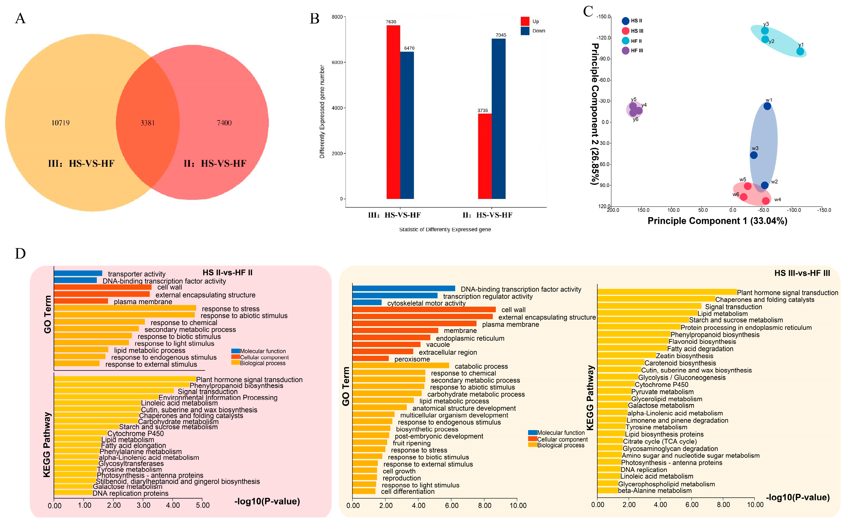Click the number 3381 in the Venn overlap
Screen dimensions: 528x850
coord(147,123)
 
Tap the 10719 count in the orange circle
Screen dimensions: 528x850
coord(60,123)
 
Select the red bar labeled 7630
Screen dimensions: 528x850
coord(393,112)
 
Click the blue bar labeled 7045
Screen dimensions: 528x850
coord(499,119)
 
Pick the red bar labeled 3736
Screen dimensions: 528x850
coord(484,156)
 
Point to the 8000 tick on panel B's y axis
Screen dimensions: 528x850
coord(337,17)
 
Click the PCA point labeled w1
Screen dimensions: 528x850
coord(767,106)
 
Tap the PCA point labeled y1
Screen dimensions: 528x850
coord(800,52)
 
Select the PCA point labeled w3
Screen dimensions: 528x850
coord(754,155)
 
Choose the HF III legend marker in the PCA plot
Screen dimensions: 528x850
coord(625,51)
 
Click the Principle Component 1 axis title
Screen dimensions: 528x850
coord(717,221)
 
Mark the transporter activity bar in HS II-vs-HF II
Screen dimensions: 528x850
coord(78,274)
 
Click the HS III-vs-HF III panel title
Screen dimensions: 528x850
coord(802,273)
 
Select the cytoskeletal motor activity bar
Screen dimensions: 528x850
coord(367,303)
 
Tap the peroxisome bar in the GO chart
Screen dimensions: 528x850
coord(370,359)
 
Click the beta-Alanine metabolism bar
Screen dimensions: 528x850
coord(607,491)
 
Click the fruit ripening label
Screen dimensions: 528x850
coord(411,443)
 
